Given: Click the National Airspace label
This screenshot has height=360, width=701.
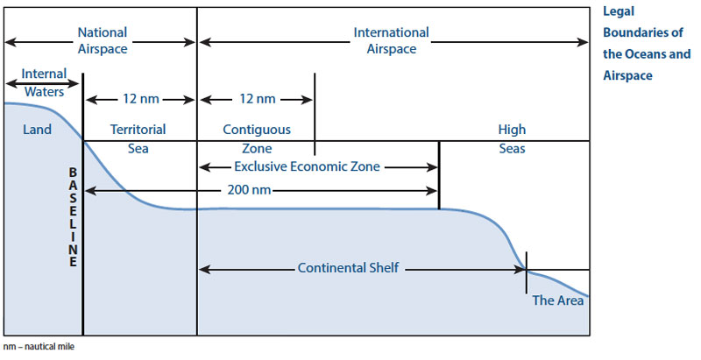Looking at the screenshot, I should [103, 40].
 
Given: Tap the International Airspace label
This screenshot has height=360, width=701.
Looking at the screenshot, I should [392, 40].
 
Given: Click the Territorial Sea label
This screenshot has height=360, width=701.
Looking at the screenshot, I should [138, 138].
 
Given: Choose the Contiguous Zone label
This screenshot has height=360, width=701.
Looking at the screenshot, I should [257, 138].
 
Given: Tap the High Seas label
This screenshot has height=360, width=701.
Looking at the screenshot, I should [512, 138].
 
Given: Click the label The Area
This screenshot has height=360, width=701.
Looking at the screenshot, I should [556, 300].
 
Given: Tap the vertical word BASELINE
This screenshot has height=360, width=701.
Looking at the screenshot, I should [74, 217].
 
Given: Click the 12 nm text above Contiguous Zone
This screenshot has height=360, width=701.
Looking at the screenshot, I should [255, 99].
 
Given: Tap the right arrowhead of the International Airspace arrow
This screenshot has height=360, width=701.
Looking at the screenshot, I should [584, 40].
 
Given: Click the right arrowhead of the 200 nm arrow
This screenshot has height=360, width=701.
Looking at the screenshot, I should [434, 189].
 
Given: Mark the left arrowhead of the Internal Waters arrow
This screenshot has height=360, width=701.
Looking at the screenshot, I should [9, 82].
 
